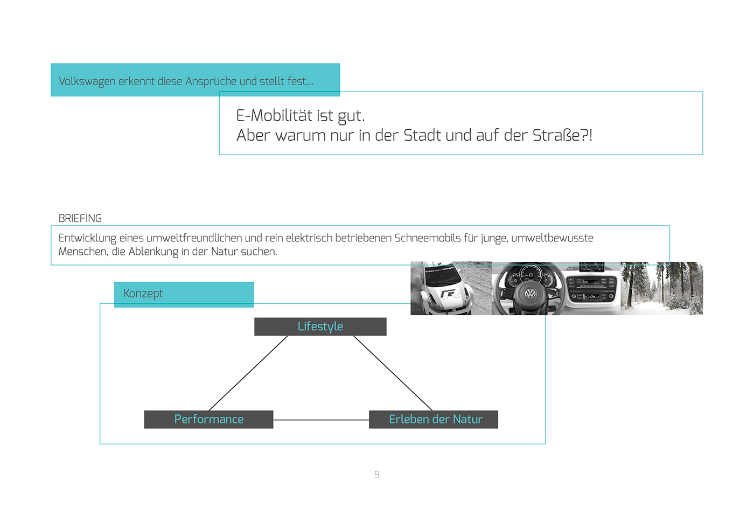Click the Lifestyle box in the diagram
point(320,326)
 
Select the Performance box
point(209,419)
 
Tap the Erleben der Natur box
point(434,419)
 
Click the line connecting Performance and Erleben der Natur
point(321,420)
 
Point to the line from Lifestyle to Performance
point(248,373)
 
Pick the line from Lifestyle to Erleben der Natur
point(393,373)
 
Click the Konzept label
point(143,294)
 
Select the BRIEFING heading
point(80,219)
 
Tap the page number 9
point(377,474)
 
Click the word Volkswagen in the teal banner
point(87,81)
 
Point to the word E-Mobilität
point(274,115)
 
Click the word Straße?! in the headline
point(562,135)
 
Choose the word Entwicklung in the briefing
point(87,238)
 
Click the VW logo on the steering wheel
point(530,294)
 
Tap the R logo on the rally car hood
point(451,295)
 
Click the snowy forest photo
point(662,289)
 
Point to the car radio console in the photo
point(591,288)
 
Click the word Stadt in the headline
point(422,135)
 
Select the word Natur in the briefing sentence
point(224,252)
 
